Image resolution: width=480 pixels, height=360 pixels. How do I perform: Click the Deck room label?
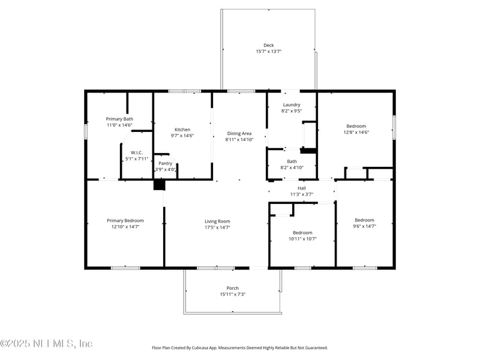(x=269, y=45)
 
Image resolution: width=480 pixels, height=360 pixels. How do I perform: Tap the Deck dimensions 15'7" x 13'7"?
(x=269, y=52)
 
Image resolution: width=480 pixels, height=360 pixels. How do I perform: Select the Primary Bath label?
(x=119, y=119)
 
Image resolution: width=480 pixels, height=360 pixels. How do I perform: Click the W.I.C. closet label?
(x=137, y=152)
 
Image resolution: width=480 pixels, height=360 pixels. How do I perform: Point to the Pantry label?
(x=165, y=163)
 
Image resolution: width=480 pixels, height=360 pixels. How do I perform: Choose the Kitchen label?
(x=182, y=130)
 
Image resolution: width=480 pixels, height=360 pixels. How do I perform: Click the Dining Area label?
(x=239, y=133)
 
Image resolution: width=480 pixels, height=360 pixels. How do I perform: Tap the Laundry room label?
(x=292, y=104)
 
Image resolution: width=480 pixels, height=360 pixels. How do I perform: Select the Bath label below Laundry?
(x=292, y=161)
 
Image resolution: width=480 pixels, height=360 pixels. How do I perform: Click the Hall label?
(x=302, y=188)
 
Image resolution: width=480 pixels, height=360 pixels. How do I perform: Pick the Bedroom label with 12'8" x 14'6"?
(x=355, y=126)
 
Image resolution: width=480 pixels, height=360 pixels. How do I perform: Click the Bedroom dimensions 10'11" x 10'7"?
(x=302, y=239)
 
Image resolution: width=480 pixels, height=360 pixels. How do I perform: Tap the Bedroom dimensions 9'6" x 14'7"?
(x=364, y=227)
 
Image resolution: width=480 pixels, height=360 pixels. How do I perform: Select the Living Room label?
(x=217, y=221)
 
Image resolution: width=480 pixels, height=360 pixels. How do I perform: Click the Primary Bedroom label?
(x=125, y=220)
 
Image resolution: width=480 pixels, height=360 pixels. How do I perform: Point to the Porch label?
(x=232, y=288)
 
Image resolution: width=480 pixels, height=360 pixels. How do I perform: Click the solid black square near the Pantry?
(x=159, y=184)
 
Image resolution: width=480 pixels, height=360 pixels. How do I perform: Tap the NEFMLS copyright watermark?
(x=46, y=344)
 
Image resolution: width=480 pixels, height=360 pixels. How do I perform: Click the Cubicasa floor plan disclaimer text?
(x=240, y=347)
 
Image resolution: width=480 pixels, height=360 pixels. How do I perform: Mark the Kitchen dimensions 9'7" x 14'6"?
(x=182, y=136)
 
